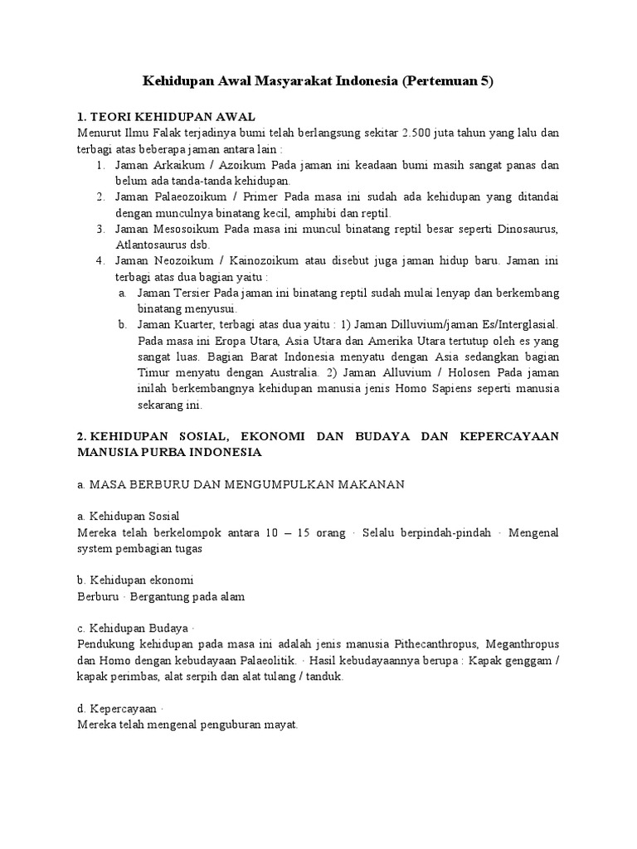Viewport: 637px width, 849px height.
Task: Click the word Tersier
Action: pos(192,293)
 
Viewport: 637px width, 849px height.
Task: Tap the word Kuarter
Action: pos(195,324)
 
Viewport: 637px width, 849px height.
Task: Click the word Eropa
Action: pos(216,341)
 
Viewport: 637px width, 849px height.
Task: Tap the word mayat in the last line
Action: pos(280,724)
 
